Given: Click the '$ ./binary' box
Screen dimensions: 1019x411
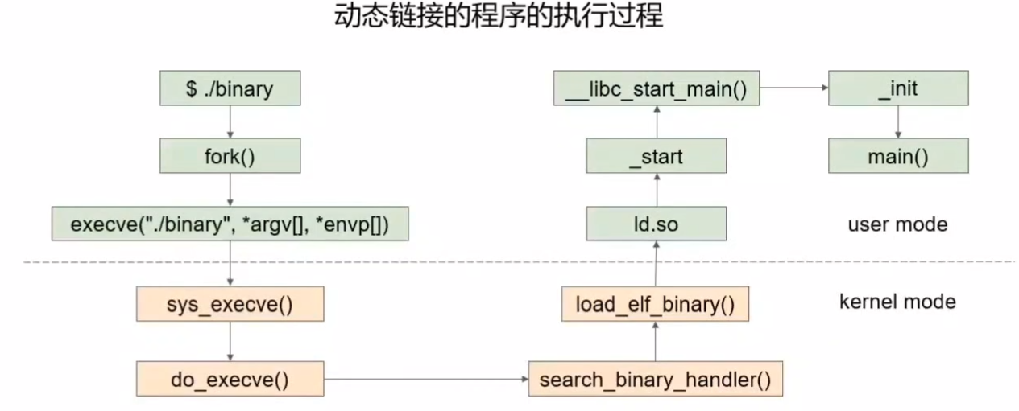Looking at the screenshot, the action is click(x=230, y=88).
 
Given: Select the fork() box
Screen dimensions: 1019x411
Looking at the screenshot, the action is click(x=230, y=156).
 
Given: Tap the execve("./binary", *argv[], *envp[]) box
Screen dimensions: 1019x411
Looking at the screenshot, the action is click(x=230, y=224).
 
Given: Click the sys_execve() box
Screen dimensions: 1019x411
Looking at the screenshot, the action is click(x=230, y=304).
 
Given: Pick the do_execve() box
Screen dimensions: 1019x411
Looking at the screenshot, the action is click(x=230, y=379).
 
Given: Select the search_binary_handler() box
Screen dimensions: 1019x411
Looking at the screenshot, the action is click(x=656, y=379).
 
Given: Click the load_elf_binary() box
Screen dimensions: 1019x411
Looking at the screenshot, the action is click(x=655, y=304).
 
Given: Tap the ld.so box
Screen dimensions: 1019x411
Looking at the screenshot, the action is click(x=657, y=224).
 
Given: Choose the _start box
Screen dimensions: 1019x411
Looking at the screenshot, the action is click(x=657, y=156).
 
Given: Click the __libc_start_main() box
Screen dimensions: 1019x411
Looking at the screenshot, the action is click(x=657, y=88).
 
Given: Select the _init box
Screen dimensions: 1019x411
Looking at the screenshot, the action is click(x=898, y=88).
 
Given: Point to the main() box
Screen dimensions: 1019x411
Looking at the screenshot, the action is click(x=898, y=156).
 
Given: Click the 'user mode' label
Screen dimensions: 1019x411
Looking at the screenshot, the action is click(x=897, y=224).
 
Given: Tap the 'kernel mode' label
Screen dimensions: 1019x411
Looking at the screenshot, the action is click(x=897, y=302).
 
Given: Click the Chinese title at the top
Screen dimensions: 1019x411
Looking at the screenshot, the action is click(x=499, y=16).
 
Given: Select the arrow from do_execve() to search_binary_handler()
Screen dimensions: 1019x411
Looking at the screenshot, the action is click(x=426, y=379).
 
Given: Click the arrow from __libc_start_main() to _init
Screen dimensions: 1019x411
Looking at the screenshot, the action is click(x=793, y=88).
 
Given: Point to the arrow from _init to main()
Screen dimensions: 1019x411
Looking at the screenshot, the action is click(x=898, y=121).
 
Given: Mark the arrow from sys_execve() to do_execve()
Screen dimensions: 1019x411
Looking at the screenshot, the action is click(x=230, y=342).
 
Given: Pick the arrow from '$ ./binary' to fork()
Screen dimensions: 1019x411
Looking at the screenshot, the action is click(x=230, y=121).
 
